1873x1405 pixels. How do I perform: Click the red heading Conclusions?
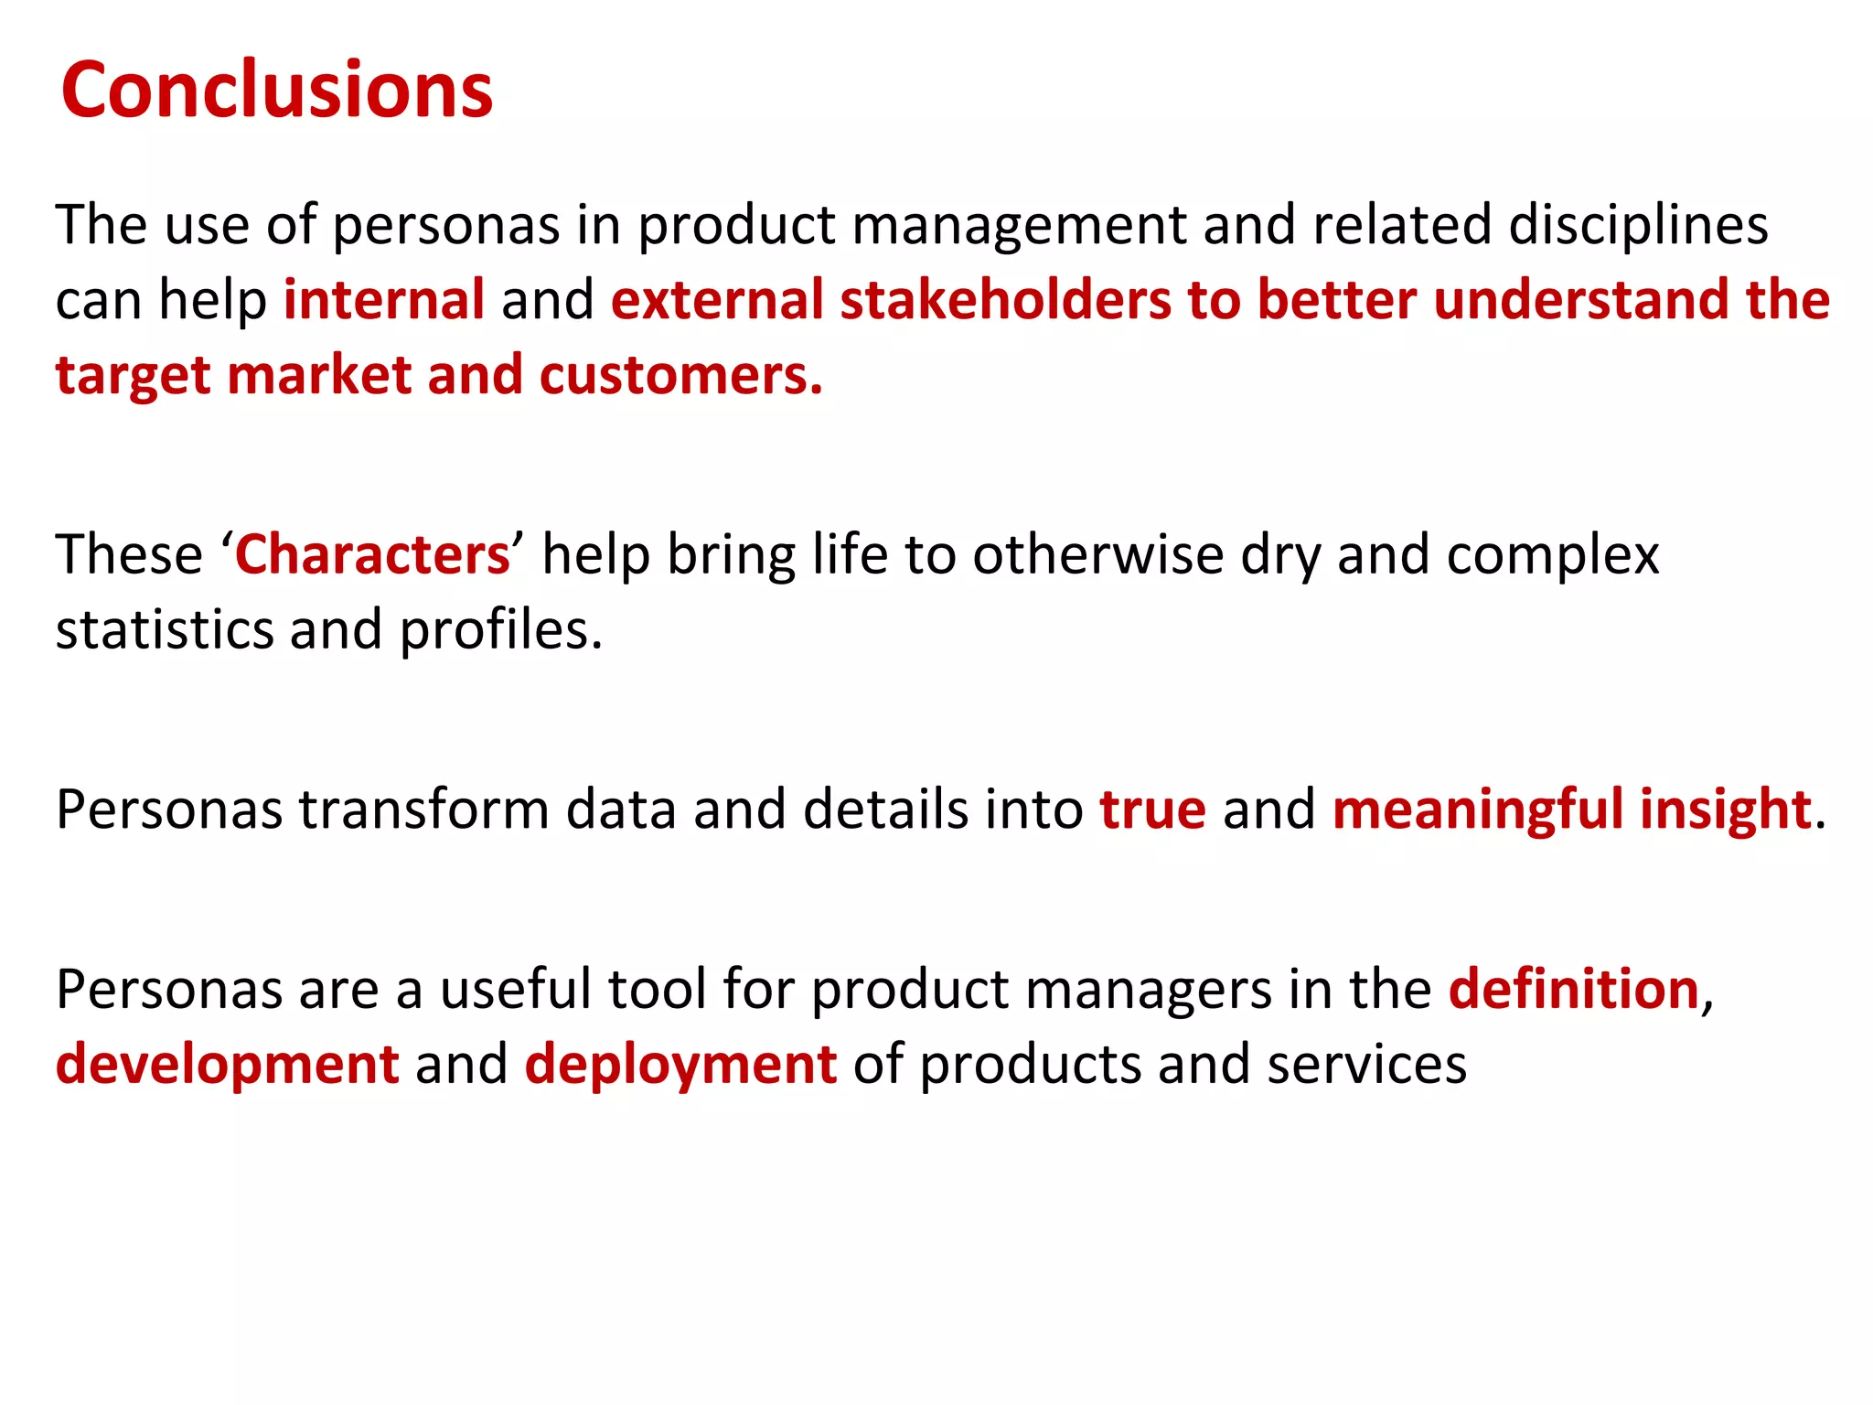coord(276,90)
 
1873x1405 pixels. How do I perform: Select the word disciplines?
coord(1638,225)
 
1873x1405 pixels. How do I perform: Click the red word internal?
coord(384,300)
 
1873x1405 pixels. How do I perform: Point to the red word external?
coord(718,300)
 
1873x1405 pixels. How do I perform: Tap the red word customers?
coord(680,375)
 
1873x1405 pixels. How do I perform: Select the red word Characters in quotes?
coord(372,554)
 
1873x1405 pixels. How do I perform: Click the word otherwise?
coord(1097,554)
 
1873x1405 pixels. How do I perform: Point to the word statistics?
coord(165,629)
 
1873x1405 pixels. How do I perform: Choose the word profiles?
coord(500,629)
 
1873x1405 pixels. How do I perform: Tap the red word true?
coord(1152,810)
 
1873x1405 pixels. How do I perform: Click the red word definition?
coord(1573,989)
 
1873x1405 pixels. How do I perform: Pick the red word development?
coord(228,1065)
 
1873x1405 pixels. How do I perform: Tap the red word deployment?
coord(680,1065)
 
